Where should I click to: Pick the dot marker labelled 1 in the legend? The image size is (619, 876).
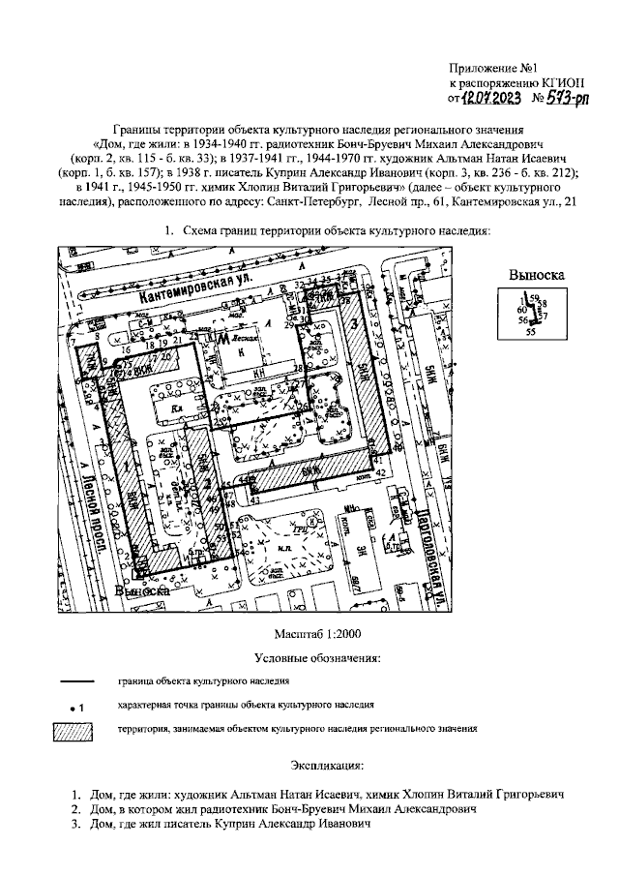tap(71, 708)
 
